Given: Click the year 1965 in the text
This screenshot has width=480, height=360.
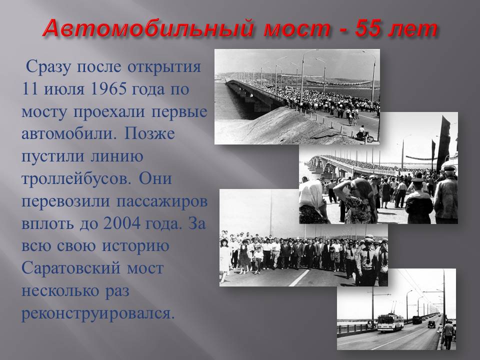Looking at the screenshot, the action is click(x=109, y=89).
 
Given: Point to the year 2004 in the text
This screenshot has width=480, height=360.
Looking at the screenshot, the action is click(x=121, y=223).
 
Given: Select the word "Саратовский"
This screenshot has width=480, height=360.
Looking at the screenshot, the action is click(x=71, y=268).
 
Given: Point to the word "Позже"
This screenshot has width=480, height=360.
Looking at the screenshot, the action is click(x=149, y=134).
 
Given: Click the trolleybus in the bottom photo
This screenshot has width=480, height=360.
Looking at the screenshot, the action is click(x=390, y=321).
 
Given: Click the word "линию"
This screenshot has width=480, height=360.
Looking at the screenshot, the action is click(x=117, y=156).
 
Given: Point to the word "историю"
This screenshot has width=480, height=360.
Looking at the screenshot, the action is click(x=135, y=246).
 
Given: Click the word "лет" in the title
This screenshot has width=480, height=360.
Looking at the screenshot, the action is click(x=415, y=29).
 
